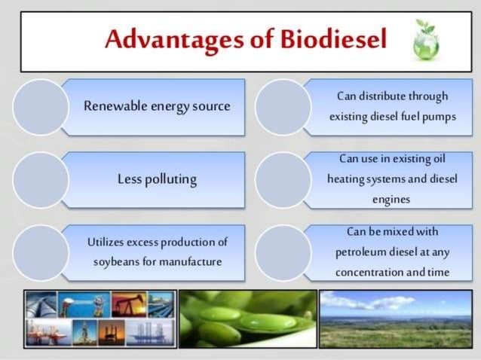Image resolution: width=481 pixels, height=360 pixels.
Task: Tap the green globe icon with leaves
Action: coord(426,40)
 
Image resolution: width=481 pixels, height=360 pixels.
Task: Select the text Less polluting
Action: coord(157,179)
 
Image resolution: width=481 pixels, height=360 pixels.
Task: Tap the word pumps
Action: coord(440,117)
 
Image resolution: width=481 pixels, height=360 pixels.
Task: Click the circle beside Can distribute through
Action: coord(283,107)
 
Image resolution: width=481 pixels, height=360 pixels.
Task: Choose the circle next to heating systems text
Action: coord(283,179)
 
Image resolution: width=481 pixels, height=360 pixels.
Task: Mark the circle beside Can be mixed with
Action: coord(283,252)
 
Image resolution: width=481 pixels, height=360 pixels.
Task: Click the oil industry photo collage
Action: coord(100,319)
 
